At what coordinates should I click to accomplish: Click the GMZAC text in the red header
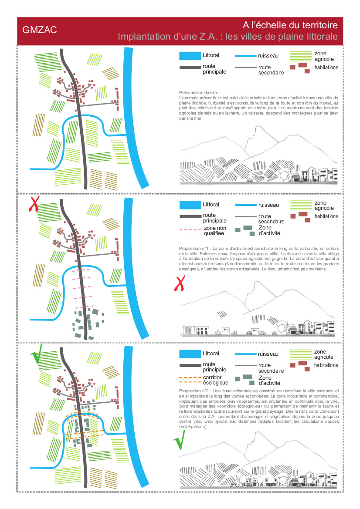pyautogui.click(x=40, y=31)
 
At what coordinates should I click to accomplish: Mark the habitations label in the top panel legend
pyautogui.click(x=326, y=67)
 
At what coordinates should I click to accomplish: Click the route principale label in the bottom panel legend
pyautogui.click(x=214, y=367)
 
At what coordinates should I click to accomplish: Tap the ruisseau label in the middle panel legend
pyautogui.click(x=268, y=205)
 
